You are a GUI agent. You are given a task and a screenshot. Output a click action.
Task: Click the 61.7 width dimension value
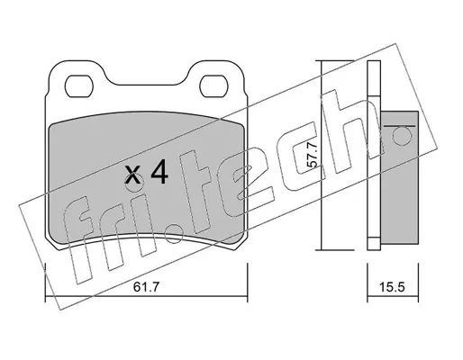[x=146, y=287]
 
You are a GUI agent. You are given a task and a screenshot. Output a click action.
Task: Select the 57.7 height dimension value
[x=313, y=155]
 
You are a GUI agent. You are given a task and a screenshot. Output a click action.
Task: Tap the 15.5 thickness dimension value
[x=393, y=287]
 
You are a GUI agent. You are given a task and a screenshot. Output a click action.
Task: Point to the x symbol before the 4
[x=132, y=175]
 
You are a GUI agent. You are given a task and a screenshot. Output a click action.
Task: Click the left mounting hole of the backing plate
[x=79, y=85]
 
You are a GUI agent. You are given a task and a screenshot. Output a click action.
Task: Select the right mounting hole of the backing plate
[x=213, y=85]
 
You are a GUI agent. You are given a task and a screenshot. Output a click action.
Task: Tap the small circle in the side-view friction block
[x=402, y=135]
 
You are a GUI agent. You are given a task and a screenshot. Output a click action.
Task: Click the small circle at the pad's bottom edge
[x=174, y=234]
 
